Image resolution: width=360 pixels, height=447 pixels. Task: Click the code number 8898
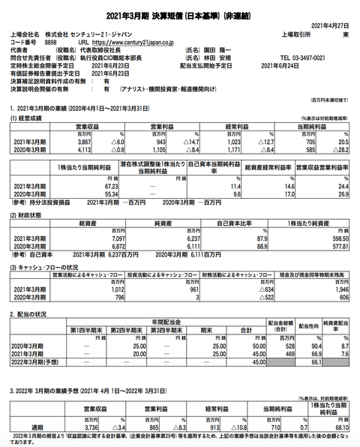[50, 43]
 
